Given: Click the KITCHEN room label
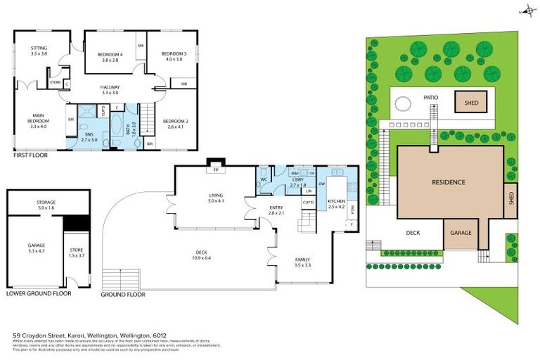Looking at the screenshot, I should click(x=336, y=204).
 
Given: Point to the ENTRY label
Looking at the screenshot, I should click(x=276, y=210).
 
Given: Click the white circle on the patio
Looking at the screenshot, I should click(x=402, y=104).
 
